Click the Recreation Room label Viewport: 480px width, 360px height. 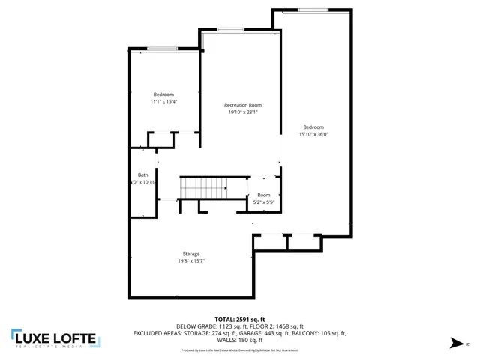(x=243, y=105)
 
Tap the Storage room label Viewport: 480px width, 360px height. (x=191, y=253)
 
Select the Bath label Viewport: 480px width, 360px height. (x=142, y=175)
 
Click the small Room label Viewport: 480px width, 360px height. (x=263, y=195)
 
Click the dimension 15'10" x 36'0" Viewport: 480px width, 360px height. (x=313, y=135)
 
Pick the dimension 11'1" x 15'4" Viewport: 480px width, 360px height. (x=163, y=101)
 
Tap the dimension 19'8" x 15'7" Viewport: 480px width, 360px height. (x=191, y=261)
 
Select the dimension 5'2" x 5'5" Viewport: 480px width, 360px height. (x=263, y=202)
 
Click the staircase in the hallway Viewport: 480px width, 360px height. (x=203, y=187)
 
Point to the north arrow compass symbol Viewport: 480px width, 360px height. (x=454, y=343)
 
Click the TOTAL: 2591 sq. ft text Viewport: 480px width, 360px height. (x=240, y=319)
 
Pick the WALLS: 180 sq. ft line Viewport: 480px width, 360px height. (x=240, y=339)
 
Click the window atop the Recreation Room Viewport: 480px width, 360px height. (x=229, y=29)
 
